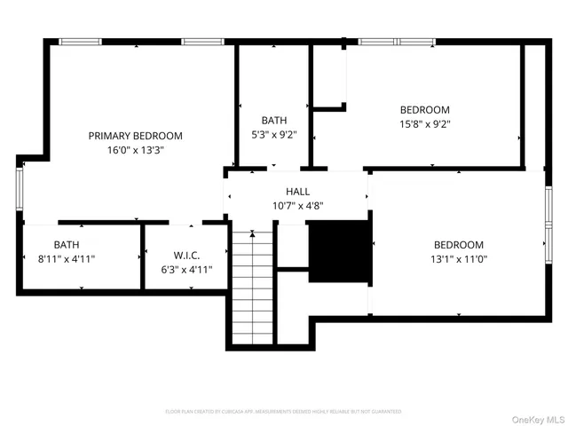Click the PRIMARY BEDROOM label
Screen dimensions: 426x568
click(135, 136)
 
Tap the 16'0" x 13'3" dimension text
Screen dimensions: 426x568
click(135, 150)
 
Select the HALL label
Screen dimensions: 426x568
click(297, 192)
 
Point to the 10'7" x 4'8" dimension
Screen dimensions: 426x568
click(297, 206)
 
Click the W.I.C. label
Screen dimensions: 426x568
click(186, 255)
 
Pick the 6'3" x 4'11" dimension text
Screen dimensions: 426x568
click(186, 269)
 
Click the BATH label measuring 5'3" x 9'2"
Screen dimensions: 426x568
click(273, 121)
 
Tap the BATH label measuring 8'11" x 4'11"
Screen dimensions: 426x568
click(67, 244)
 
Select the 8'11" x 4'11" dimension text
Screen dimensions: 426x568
click(67, 259)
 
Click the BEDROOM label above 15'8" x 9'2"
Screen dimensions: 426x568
click(425, 110)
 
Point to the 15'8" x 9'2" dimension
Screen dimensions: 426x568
click(425, 124)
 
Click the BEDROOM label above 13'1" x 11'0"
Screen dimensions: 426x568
click(458, 245)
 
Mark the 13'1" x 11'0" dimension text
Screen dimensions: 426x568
click(458, 259)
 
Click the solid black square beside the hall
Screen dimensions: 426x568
click(338, 251)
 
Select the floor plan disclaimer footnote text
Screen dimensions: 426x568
click(283, 412)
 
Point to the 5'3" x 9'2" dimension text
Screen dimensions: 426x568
click(273, 136)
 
